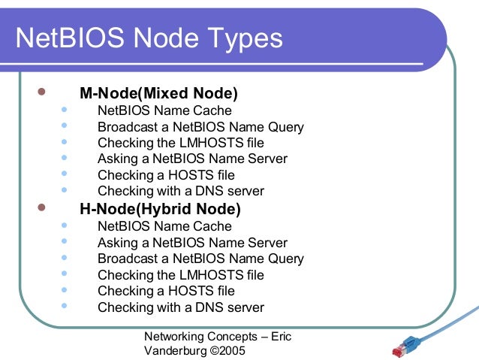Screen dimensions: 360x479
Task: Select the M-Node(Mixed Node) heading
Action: coord(158,94)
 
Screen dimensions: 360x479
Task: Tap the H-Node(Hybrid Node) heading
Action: coord(160,208)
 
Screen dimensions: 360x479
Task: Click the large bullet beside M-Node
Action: coord(41,94)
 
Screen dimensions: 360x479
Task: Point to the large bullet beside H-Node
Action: coord(41,207)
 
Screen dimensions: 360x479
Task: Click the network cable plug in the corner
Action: coord(406,346)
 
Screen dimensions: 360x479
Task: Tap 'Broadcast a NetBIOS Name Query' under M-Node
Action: coord(200,126)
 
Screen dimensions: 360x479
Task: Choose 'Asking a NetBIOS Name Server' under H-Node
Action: coord(192,242)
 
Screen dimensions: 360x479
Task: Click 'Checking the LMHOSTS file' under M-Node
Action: coord(181,142)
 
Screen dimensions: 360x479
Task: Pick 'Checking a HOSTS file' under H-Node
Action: coord(166,290)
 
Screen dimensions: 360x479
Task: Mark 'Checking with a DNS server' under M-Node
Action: coord(181,191)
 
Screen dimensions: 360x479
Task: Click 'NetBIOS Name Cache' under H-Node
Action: coord(164,225)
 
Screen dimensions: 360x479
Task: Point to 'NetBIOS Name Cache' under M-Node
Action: coord(164,110)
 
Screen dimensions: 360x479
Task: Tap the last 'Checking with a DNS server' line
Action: coord(181,307)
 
